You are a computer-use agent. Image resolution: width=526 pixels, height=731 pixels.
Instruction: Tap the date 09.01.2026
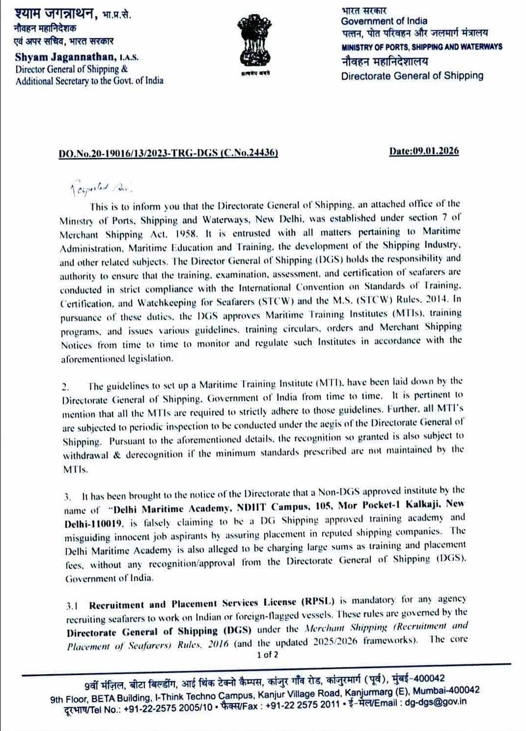424,151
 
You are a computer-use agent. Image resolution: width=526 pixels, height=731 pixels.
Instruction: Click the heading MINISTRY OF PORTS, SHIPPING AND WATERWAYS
422,46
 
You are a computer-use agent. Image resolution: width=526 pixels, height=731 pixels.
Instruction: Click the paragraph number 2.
65,387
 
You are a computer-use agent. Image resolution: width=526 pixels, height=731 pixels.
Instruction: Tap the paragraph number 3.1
72,606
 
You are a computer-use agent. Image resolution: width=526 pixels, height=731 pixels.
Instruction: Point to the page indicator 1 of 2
267,655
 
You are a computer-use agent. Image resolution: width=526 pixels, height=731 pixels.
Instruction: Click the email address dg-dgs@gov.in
435,702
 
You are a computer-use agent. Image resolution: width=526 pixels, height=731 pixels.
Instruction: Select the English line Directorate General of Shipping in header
412,76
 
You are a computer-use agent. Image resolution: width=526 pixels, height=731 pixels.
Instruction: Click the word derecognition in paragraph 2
154,454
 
